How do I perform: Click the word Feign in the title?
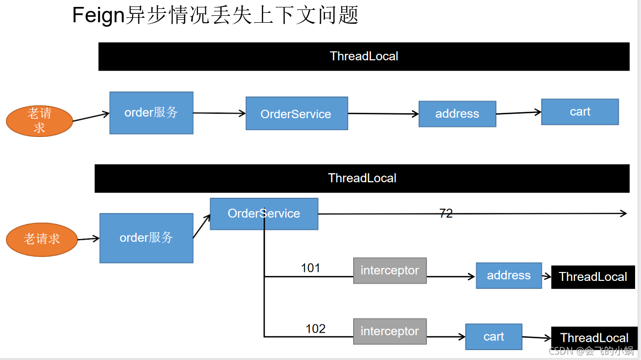click(97, 15)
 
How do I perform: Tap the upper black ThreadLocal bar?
click(364, 56)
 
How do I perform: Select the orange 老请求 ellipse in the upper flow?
click(40, 121)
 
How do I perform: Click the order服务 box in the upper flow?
click(151, 113)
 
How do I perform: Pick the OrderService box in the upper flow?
click(297, 114)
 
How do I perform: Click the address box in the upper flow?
click(457, 114)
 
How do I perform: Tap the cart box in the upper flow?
click(580, 112)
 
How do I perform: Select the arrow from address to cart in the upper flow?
click(518, 113)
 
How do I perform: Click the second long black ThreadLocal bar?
click(362, 179)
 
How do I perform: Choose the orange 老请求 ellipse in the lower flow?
click(42, 239)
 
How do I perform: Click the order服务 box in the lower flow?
click(146, 238)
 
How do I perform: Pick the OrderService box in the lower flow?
click(264, 214)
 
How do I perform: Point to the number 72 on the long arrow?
click(446, 214)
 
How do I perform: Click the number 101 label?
click(311, 268)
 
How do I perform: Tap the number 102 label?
click(316, 329)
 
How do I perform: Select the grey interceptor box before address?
click(390, 270)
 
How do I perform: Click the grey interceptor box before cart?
click(390, 331)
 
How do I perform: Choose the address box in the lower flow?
click(508, 275)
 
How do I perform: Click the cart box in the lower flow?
click(494, 337)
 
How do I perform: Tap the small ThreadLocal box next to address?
click(593, 277)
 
